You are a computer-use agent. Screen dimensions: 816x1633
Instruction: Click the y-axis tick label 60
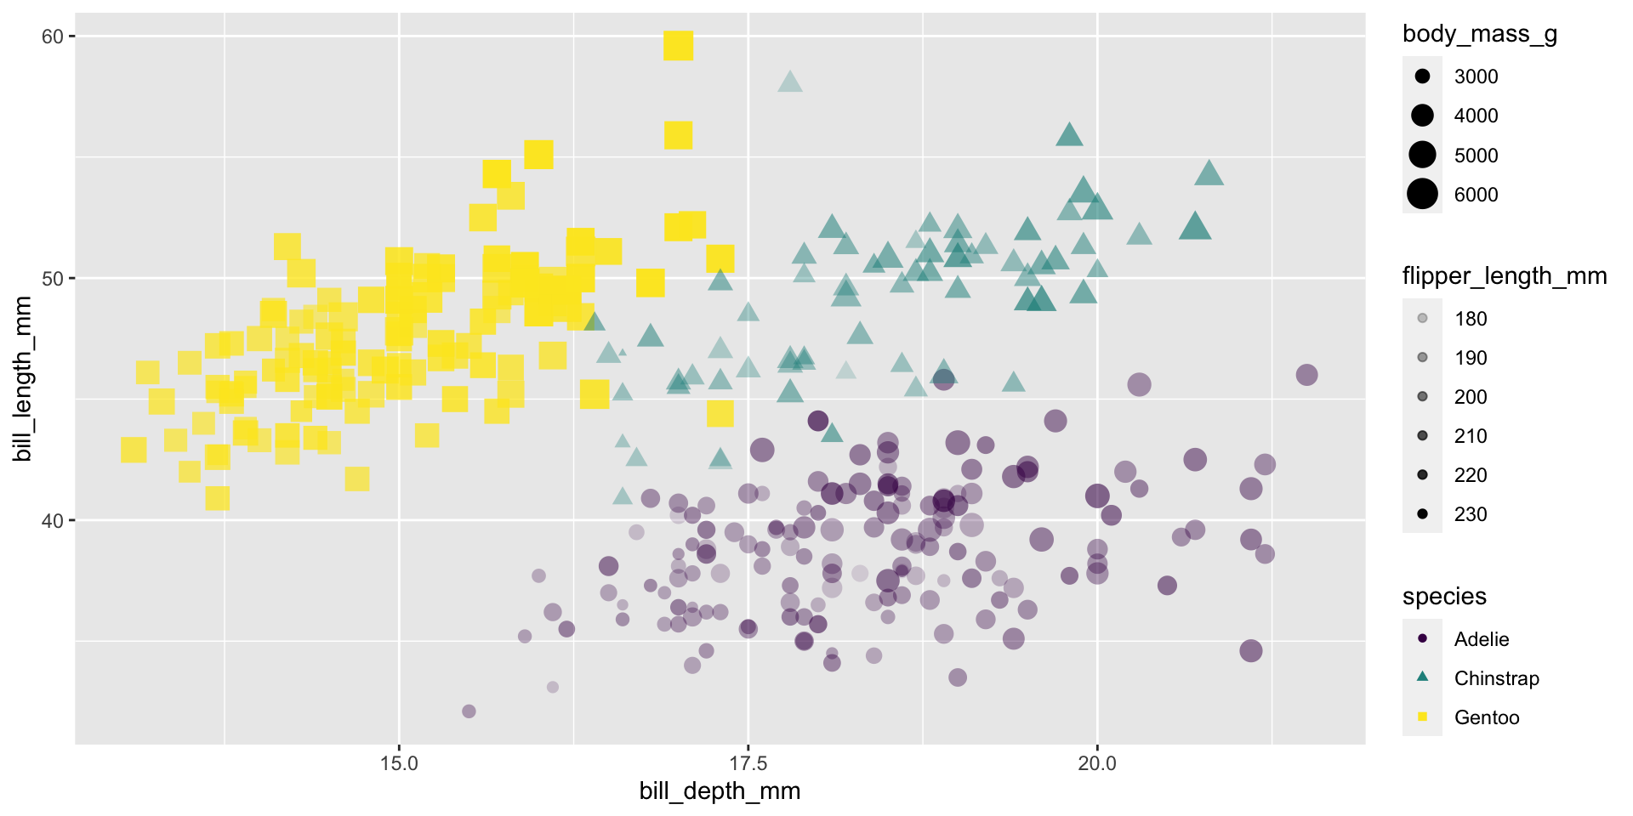pos(52,37)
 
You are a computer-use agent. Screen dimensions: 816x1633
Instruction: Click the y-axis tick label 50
pos(52,279)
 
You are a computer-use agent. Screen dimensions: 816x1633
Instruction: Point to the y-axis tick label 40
pos(52,520)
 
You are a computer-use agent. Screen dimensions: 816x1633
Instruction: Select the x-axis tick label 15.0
pos(399,763)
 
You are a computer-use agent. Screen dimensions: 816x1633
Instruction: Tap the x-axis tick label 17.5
pos(748,763)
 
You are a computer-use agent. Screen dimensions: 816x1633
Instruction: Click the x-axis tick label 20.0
pos(1097,763)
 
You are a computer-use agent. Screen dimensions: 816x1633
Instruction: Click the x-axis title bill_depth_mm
pos(720,791)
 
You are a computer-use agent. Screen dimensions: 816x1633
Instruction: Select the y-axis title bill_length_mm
pos(23,379)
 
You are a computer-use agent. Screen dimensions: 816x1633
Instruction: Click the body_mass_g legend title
pos(1479,34)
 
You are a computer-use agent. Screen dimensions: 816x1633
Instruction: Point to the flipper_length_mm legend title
pos(1504,276)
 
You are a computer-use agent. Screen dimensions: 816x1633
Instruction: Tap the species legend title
pos(1444,597)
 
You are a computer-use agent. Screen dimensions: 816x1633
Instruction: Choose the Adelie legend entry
pos(1481,639)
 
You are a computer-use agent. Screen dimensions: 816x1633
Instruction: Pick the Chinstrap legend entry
pos(1496,678)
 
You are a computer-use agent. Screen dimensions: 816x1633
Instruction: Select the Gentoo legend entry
pos(1486,717)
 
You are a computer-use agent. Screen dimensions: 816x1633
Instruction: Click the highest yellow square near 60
pos(678,45)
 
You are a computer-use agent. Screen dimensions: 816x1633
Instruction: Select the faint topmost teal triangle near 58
pos(790,82)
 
